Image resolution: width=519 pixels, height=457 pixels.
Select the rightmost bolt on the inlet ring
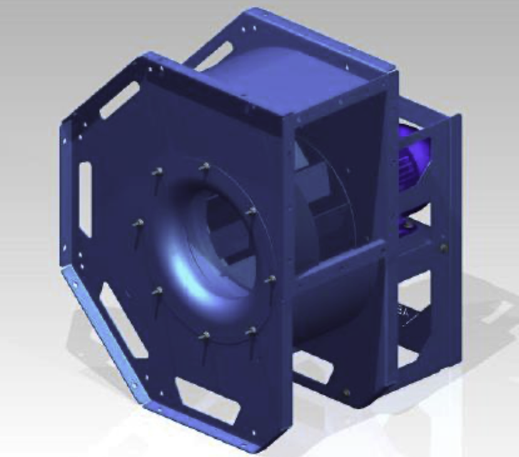point(271,280)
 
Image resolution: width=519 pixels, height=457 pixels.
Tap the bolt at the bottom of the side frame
point(346,392)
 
